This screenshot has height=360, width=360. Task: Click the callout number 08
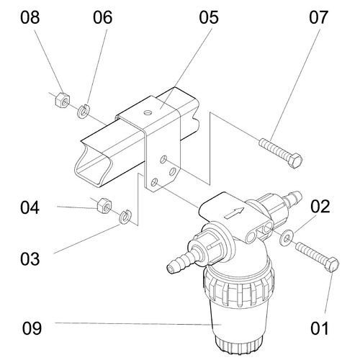pos(30,17)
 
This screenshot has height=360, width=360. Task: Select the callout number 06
pos(103,17)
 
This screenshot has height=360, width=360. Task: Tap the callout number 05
pos(209,17)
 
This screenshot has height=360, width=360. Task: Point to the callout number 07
pos(318,17)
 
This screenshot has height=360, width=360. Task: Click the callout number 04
pos(30,207)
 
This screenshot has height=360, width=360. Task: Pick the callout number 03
pos(30,259)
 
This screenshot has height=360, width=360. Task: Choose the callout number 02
pos(320,207)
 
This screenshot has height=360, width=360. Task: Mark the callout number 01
pos(320,328)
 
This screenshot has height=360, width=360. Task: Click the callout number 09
pos(32,328)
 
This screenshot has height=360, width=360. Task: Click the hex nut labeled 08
pos(63,99)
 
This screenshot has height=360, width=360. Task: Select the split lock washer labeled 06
pos(84,111)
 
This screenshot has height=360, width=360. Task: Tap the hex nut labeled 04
pos(104,205)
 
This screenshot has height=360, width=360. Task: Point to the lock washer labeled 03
pos(125,217)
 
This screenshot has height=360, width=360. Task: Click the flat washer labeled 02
pos(286,238)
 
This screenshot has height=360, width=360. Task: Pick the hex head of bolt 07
pos(294,161)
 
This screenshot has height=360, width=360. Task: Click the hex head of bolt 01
pos(333,265)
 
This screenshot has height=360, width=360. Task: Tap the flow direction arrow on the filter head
pos(234,212)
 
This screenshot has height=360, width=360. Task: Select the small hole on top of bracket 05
pos(148,112)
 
